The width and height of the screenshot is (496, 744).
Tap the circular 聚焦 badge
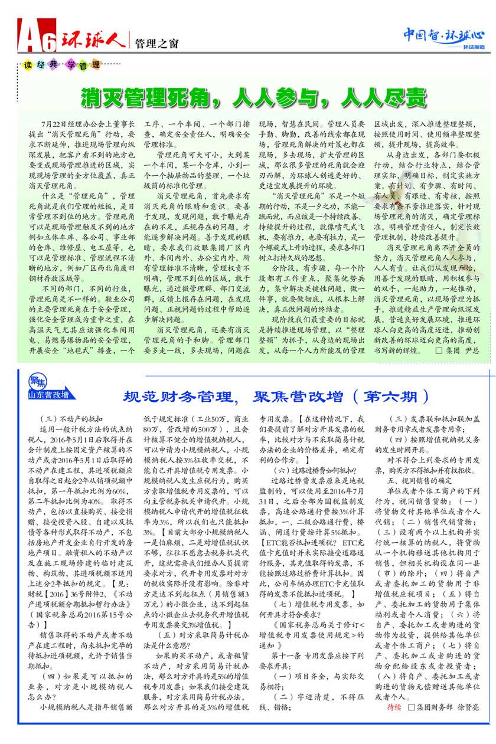point(37,381)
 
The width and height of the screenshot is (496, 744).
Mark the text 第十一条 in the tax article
point(287,655)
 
